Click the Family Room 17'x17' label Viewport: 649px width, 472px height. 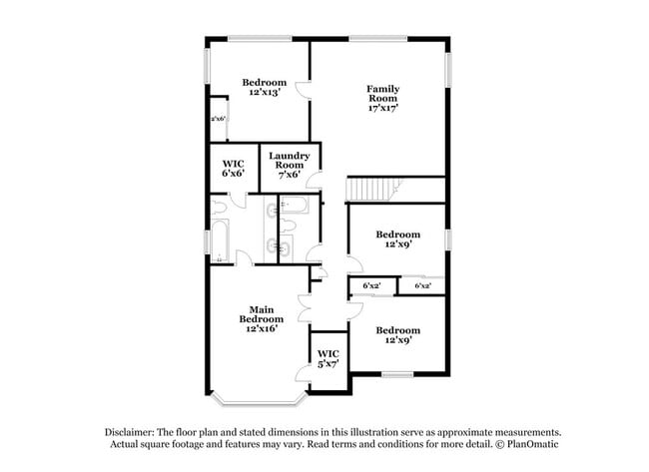[x=382, y=99]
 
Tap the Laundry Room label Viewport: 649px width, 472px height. [x=289, y=161]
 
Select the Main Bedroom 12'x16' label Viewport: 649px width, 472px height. [x=262, y=319]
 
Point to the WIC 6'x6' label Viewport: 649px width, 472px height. [x=233, y=169]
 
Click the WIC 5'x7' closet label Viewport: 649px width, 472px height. [x=328, y=358]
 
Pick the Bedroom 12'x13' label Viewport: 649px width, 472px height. [x=264, y=87]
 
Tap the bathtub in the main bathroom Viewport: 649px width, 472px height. [x=219, y=240]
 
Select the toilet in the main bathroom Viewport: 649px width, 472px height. [x=218, y=207]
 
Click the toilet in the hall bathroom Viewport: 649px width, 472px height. [x=289, y=226]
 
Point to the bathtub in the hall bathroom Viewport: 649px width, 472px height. [x=294, y=205]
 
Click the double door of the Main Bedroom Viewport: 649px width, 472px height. [x=306, y=308]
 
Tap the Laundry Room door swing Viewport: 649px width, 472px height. [x=314, y=181]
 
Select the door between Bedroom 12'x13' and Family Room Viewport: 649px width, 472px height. [x=303, y=89]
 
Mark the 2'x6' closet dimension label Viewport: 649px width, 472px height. [x=218, y=119]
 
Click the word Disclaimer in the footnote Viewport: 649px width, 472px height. [x=130, y=432]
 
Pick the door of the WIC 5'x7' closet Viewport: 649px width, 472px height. [x=303, y=375]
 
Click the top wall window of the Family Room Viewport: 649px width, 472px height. [x=377, y=39]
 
